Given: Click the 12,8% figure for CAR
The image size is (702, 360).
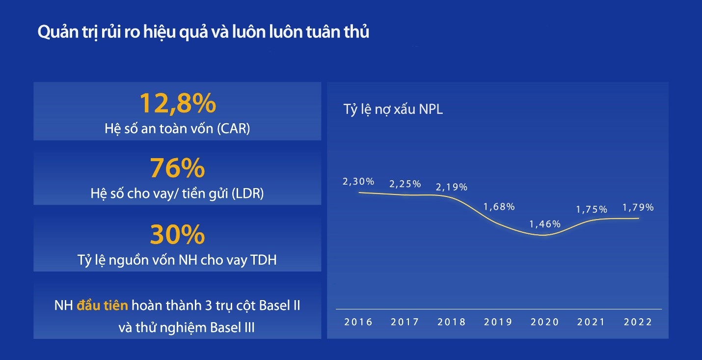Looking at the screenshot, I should tap(177, 103).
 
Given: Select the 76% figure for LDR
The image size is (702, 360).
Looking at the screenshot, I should tap(177, 168).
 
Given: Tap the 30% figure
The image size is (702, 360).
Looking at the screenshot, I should tap(177, 234).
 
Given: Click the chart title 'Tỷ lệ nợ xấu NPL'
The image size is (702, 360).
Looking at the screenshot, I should tap(393, 110).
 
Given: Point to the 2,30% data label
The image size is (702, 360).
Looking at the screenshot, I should tap(358, 181).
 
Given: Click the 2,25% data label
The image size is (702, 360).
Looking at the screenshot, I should tap(405, 184).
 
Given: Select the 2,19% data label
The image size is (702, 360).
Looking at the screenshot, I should tap(452, 187).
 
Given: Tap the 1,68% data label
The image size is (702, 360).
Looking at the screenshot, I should tap(499, 207).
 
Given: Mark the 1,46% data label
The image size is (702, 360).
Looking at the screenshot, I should tap(545, 224).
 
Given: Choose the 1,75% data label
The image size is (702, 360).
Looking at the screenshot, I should tap(592, 209).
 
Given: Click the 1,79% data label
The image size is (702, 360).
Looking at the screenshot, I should tap(638, 207).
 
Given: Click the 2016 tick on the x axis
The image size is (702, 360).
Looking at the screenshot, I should tap(358, 322).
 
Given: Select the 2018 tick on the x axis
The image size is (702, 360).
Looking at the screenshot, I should tap(452, 322).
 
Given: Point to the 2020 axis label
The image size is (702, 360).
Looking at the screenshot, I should tap(545, 322).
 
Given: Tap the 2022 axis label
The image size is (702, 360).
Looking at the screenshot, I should tap(638, 322).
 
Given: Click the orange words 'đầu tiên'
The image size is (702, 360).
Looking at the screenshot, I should tap(102, 305).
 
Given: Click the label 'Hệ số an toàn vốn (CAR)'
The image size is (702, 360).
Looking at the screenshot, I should tap(177, 129).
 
